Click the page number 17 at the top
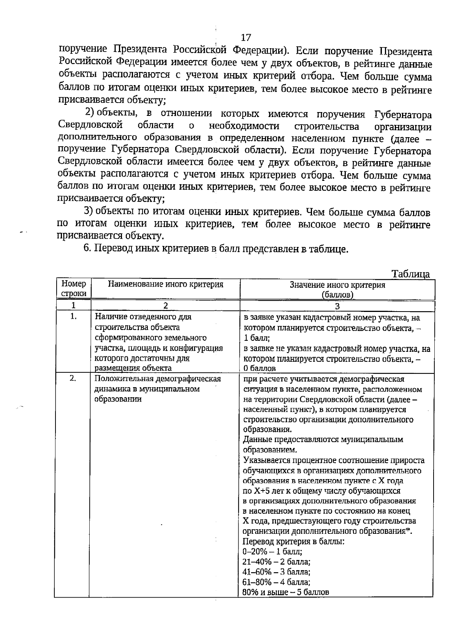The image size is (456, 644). [246, 37]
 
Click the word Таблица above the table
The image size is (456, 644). [410, 274]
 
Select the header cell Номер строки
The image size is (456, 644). [73, 288]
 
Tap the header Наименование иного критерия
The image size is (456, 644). [166, 284]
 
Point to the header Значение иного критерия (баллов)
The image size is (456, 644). [337, 290]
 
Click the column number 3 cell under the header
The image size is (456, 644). [337, 306]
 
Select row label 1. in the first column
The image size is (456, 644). [73, 316]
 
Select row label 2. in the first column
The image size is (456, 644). [73, 378]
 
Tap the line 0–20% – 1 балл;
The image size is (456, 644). [272, 551]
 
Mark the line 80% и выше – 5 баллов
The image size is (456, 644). [286, 592]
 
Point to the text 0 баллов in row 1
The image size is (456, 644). [260, 368]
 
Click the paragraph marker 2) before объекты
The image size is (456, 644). [89, 112]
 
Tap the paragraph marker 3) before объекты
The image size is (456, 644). [89, 211]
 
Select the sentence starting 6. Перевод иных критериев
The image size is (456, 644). [215, 248]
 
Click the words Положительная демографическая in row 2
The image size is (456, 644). [158, 379]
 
